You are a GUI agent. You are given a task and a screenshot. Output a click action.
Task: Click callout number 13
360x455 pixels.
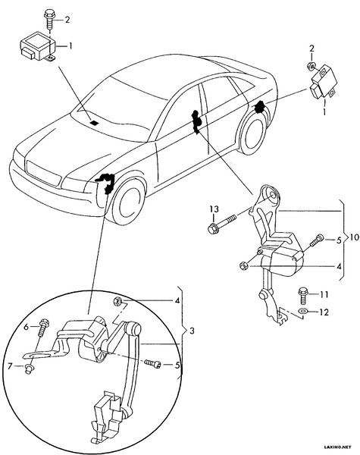coord(214,209)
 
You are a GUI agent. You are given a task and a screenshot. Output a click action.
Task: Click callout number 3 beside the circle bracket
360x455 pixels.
coord(191,331)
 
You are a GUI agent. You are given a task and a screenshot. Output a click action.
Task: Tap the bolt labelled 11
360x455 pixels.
coord(305,292)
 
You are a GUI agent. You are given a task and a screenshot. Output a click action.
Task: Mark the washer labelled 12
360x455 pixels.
coord(303,311)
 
